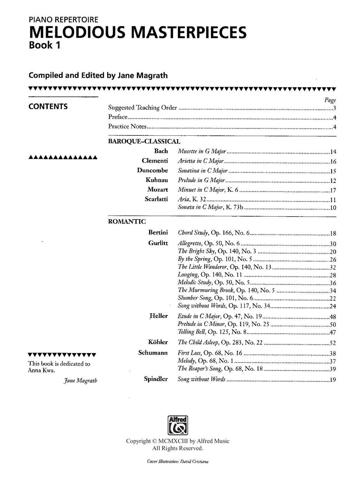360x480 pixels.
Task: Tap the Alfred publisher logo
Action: click(x=178, y=425)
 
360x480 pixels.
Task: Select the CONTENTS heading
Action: click(x=48, y=107)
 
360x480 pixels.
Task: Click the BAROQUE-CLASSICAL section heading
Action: click(x=144, y=141)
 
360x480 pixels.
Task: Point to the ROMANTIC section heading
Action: click(x=127, y=222)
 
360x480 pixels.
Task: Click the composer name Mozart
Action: click(x=158, y=190)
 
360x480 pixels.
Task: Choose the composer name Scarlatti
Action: click(x=156, y=199)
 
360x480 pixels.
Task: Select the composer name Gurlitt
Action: click(x=158, y=243)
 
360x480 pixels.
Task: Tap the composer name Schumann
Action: click(x=153, y=352)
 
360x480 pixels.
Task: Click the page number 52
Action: click(x=333, y=343)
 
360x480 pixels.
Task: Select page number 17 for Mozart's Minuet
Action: click(x=333, y=191)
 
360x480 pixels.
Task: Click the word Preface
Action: click(x=118, y=117)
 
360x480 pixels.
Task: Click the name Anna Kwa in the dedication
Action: click(x=41, y=370)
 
